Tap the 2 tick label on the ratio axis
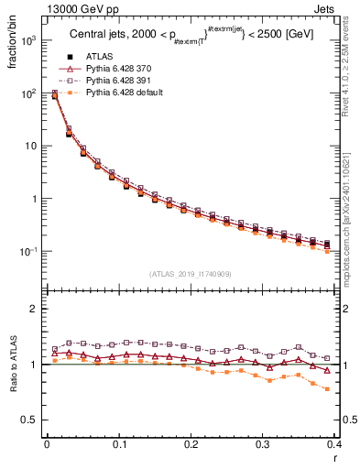point(34,310)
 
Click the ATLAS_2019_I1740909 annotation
point(191,274)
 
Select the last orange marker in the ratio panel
point(328,388)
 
